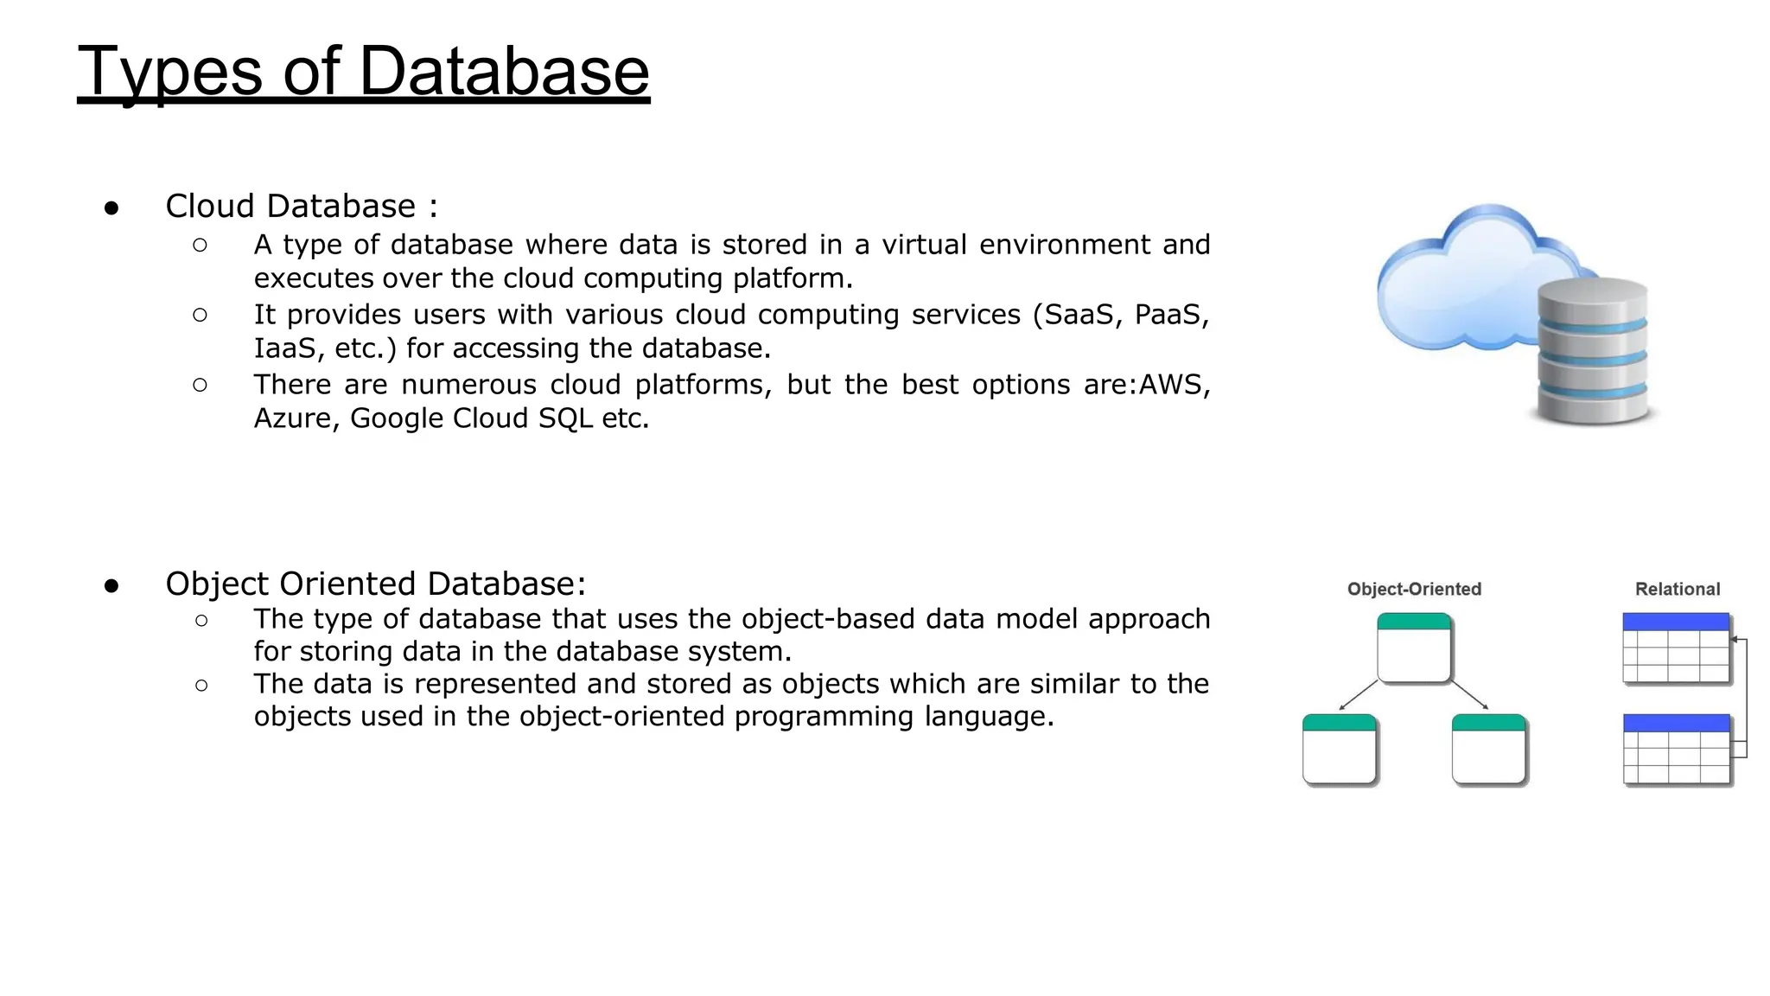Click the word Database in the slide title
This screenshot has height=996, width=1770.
[503, 71]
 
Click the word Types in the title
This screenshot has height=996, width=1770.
[169, 73]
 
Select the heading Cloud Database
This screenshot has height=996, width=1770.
[290, 207]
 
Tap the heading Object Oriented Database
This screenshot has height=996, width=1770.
[374, 584]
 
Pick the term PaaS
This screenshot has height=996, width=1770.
[1170, 315]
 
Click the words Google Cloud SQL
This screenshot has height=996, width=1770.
[471, 418]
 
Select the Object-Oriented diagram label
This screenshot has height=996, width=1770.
[1414, 589]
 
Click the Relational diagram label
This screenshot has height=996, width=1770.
[1677, 589]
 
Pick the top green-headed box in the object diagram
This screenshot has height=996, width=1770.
[1413, 648]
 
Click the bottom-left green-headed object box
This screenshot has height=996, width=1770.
[1339, 749]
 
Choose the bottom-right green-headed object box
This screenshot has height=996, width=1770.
[1488, 749]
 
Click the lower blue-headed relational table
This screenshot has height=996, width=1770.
[1676, 749]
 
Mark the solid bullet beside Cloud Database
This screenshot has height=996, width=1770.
[111, 208]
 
